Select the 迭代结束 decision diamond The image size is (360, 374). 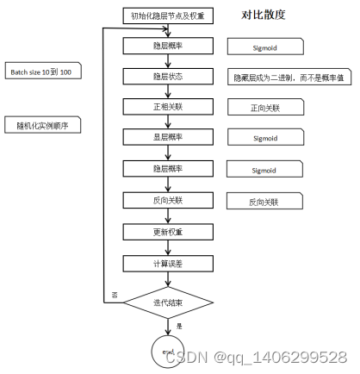coord(169,301)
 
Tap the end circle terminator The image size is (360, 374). coord(169,350)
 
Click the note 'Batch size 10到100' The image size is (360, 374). coord(44,72)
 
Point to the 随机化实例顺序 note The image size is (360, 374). coord(42,125)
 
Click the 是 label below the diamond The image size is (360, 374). coord(179,326)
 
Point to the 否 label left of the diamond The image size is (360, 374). coord(115,296)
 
